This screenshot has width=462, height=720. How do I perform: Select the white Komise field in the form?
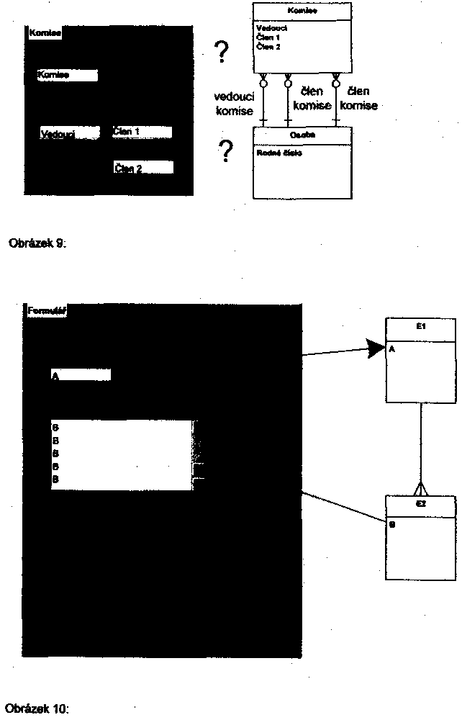[x=67, y=76]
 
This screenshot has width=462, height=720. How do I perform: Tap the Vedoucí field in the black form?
[x=70, y=133]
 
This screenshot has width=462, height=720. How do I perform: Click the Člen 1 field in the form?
[x=142, y=132]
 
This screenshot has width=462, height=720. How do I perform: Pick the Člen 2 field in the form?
[x=143, y=168]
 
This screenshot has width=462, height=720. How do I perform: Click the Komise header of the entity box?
[x=302, y=12]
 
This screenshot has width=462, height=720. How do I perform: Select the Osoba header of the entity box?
[x=302, y=135]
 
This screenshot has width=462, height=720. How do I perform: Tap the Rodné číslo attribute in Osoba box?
[x=275, y=152]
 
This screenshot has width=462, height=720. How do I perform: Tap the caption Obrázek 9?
[x=37, y=243]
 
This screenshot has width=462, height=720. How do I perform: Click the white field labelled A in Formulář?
[x=81, y=375]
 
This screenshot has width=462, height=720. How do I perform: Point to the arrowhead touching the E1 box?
[x=377, y=349]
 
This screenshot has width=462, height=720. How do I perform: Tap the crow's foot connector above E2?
[x=421, y=487]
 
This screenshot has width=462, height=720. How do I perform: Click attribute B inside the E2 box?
[x=392, y=524]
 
